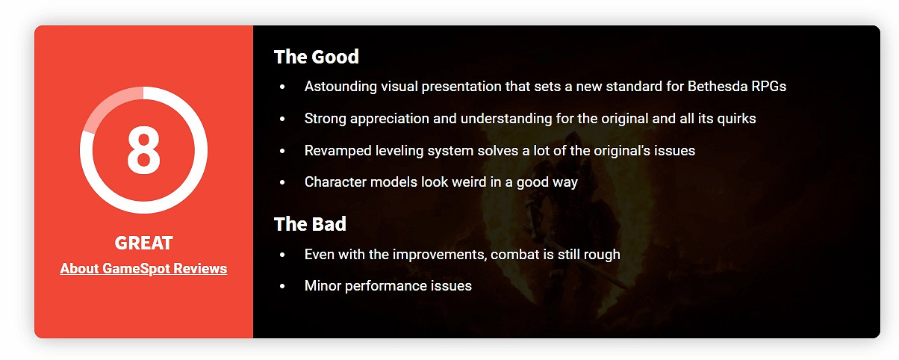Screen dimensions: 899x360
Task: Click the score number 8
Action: point(143,149)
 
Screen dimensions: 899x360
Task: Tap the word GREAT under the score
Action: point(143,243)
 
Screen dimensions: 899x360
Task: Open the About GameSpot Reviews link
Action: point(143,268)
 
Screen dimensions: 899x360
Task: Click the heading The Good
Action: point(317,57)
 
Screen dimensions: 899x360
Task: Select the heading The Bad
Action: point(310,224)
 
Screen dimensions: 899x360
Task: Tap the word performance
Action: point(386,286)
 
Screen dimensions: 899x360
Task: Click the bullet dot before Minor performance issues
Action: point(282,286)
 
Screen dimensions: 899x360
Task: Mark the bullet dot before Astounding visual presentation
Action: point(282,87)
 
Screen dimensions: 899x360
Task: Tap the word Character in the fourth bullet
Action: point(335,181)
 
